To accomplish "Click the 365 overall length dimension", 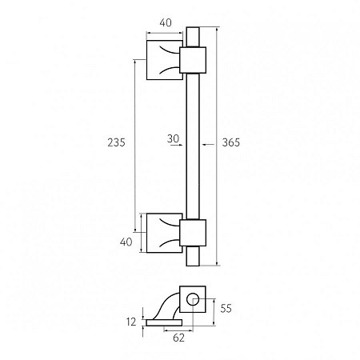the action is pyautogui.click(x=231, y=142).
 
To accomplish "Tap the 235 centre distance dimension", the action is pyautogui.click(x=116, y=142).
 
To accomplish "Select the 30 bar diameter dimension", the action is pyautogui.click(x=173, y=138).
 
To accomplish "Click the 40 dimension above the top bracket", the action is pyautogui.click(x=166, y=23).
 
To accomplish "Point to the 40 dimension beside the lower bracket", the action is pyautogui.click(x=126, y=242).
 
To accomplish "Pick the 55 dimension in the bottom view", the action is pyautogui.click(x=226, y=308).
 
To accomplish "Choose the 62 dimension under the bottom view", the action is pyautogui.click(x=178, y=338).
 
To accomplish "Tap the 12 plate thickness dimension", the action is pyautogui.click(x=131, y=322).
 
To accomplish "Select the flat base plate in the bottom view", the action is pyautogui.click(x=164, y=322).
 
